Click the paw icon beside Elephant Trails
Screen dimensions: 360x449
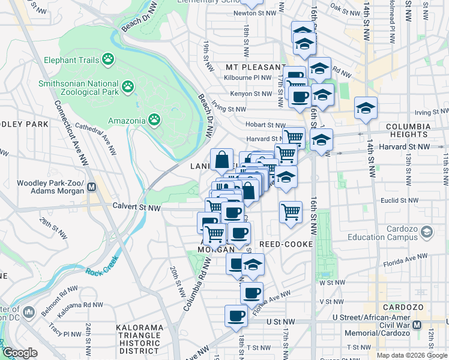(x=108, y=59)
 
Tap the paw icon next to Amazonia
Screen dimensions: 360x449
(x=155, y=119)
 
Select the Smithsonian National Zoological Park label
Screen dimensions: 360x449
(x=78, y=88)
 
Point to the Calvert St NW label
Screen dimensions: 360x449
(x=137, y=208)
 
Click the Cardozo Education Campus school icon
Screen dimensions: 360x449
(x=427, y=232)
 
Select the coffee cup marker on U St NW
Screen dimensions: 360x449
(x=236, y=316)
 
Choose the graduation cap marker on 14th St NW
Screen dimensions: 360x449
(x=366, y=108)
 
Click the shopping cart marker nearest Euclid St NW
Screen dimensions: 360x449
(x=291, y=212)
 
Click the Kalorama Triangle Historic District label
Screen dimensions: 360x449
(x=139, y=339)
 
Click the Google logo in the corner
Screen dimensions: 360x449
(x=19, y=353)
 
